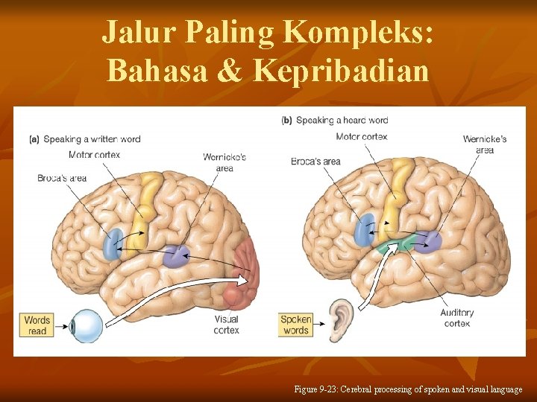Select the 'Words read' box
(37, 325)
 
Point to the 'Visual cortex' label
(226, 325)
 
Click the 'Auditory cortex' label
(456, 318)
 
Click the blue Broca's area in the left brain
(113, 243)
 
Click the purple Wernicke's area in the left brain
(178, 256)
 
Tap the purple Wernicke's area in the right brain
(427, 242)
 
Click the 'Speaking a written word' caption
(84, 139)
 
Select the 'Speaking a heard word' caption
(335, 120)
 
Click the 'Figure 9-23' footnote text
(409, 389)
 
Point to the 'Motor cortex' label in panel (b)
(362, 137)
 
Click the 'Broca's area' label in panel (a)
(62, 178)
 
